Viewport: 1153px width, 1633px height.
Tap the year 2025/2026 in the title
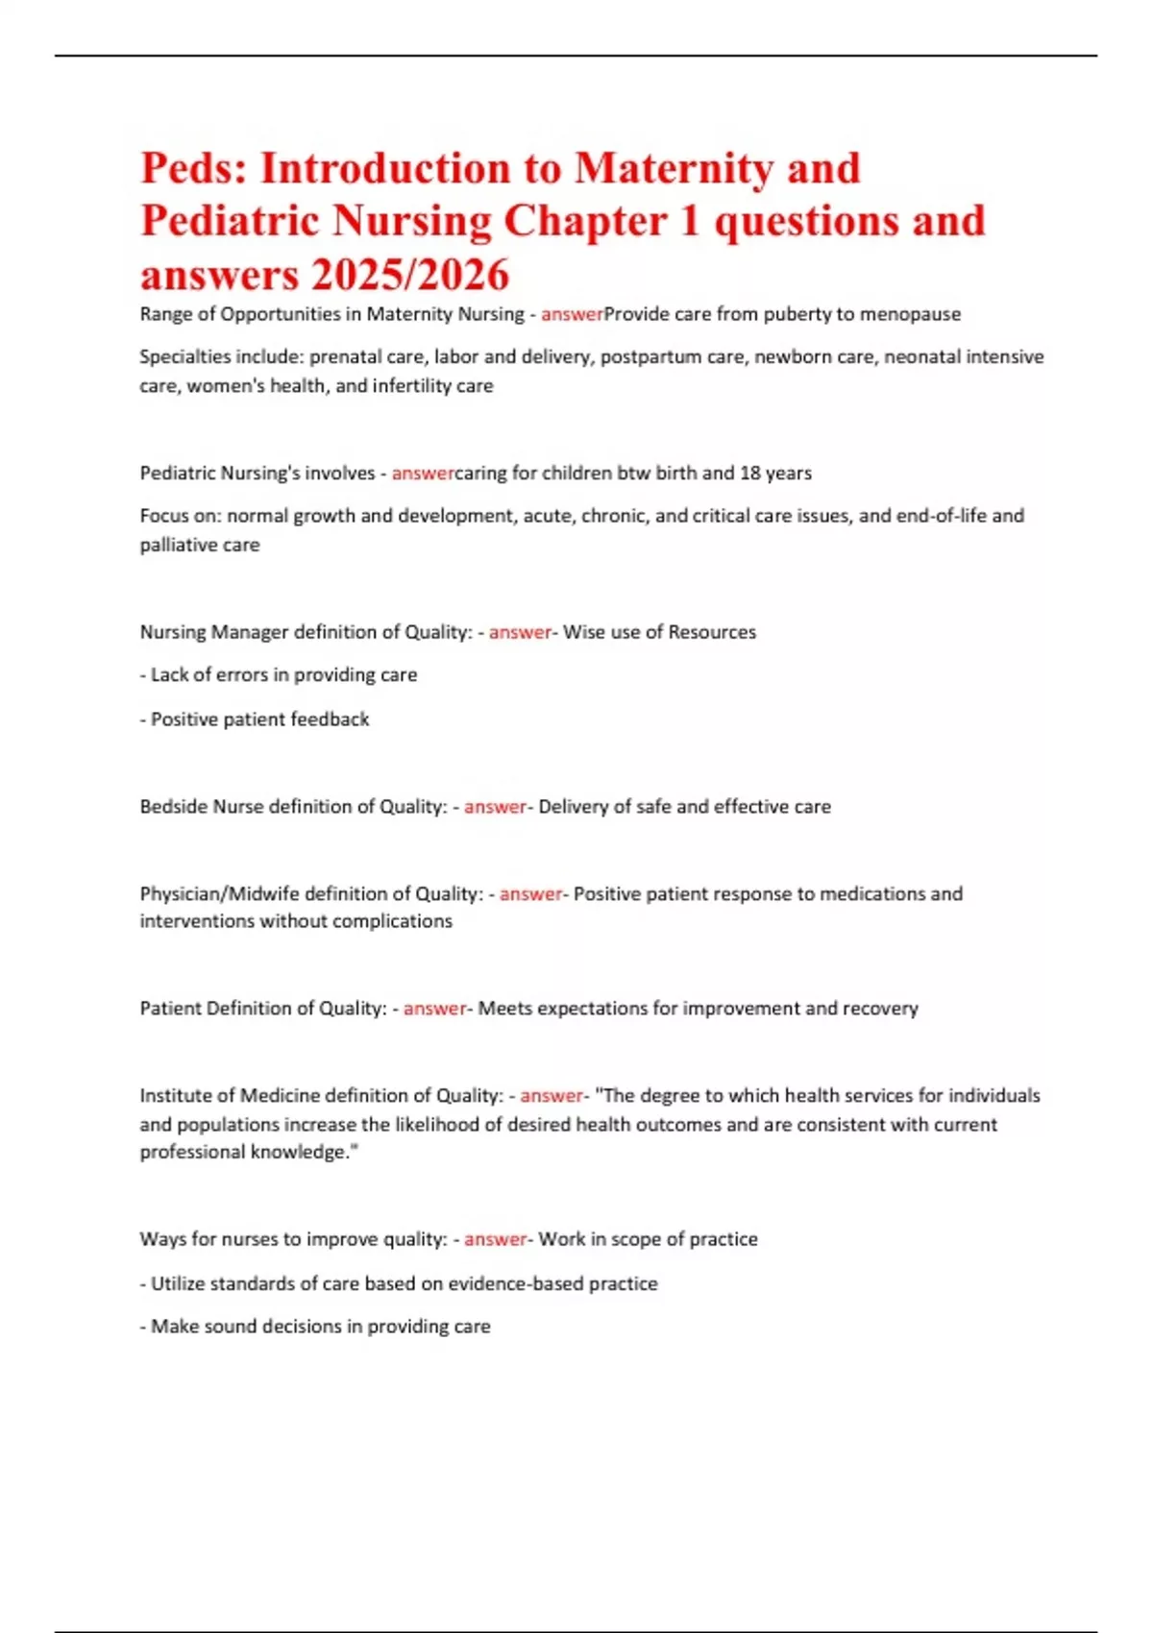409,276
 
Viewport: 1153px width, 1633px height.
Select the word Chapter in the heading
585,222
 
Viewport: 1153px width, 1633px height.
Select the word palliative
179,545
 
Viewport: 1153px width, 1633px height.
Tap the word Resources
712,632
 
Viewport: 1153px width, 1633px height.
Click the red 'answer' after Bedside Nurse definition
495,807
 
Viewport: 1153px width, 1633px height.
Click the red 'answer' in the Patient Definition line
434,1009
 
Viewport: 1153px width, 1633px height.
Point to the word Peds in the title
191,169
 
